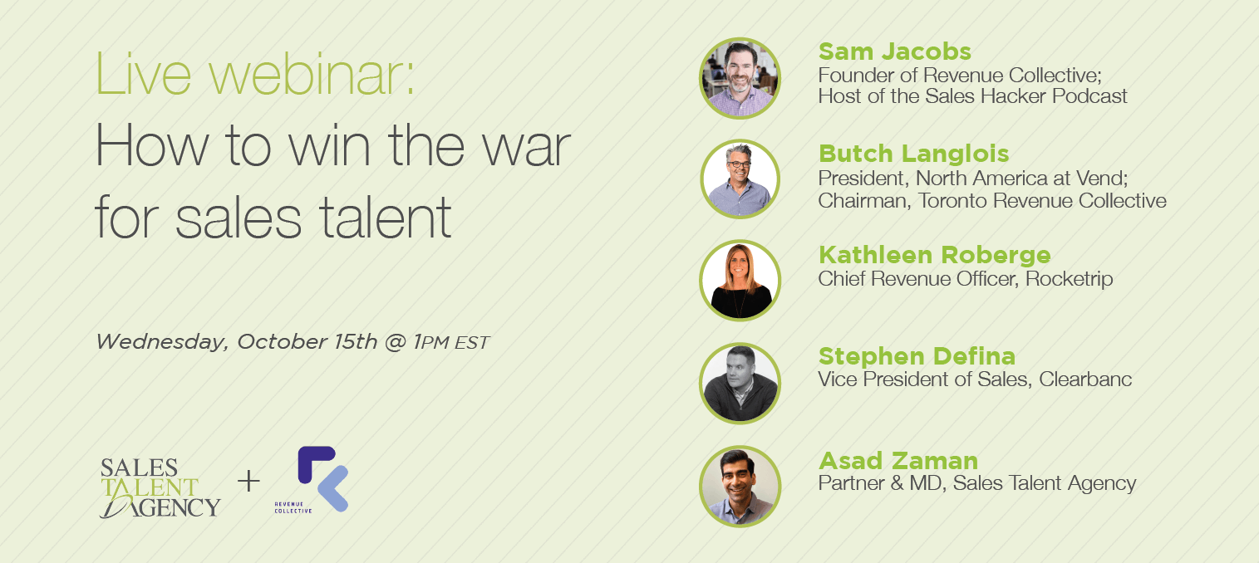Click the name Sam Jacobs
click(x=894, y=51)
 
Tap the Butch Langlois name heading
click(x=913, y=154)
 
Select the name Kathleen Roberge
click(x=934, y=255)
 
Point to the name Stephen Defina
click(x=917, y=356)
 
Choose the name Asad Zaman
click(x=898, y=461)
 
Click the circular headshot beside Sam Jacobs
click(x=740, y=78)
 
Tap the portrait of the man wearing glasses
click(x=740, y=179)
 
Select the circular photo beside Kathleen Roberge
click(x=740, y=281)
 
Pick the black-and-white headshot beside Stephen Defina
click(x=740, y=383)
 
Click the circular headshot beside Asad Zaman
click(x=740, y=487)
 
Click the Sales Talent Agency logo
click(x=160, y=487)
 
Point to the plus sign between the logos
click(x=248, y=482)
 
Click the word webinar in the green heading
click(x=312, y=75)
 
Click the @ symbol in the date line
click(x=396, y=342)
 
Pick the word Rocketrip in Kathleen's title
click(x=1069, y=279)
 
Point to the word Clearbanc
click(x=1084, y=379)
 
